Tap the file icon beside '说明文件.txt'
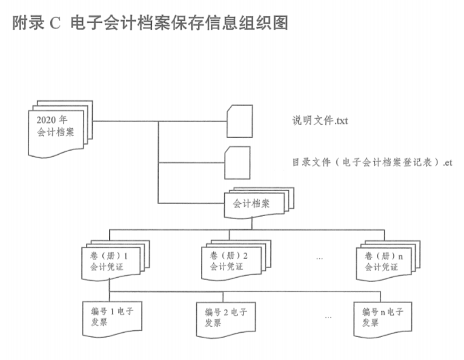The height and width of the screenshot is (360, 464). pos(239,121)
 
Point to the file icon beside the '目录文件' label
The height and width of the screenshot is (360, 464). pos(237,162)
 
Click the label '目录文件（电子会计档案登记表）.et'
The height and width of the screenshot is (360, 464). pos(372,163)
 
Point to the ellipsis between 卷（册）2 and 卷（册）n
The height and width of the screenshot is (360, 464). pos(319,258)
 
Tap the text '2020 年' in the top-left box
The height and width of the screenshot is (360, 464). pos(52,119)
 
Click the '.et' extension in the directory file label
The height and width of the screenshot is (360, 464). pos(447,163)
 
